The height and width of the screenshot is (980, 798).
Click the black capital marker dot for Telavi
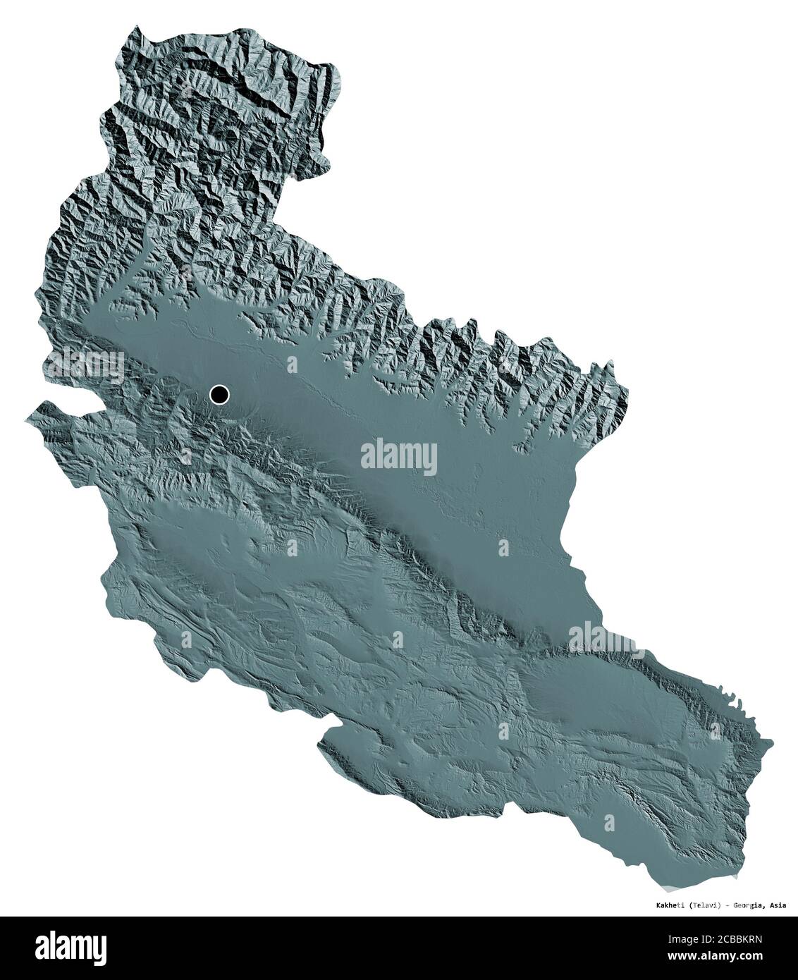(220, 396)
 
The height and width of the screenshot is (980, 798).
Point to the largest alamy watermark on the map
(398, 458)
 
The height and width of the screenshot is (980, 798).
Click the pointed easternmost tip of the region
(772, 742)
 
